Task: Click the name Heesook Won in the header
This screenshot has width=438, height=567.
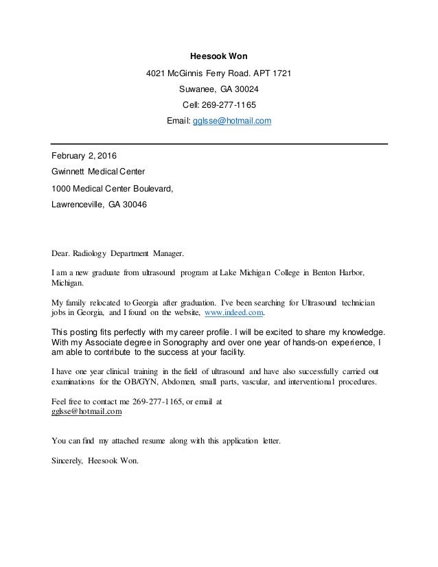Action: tap(219, 56)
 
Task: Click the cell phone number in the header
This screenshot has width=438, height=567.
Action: tap(231, 105)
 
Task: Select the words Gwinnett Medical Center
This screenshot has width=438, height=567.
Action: tap(98, 171)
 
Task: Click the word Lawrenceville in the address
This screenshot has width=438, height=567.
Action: tap(78, 204)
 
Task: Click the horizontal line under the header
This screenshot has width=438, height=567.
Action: tap(220, 143)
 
